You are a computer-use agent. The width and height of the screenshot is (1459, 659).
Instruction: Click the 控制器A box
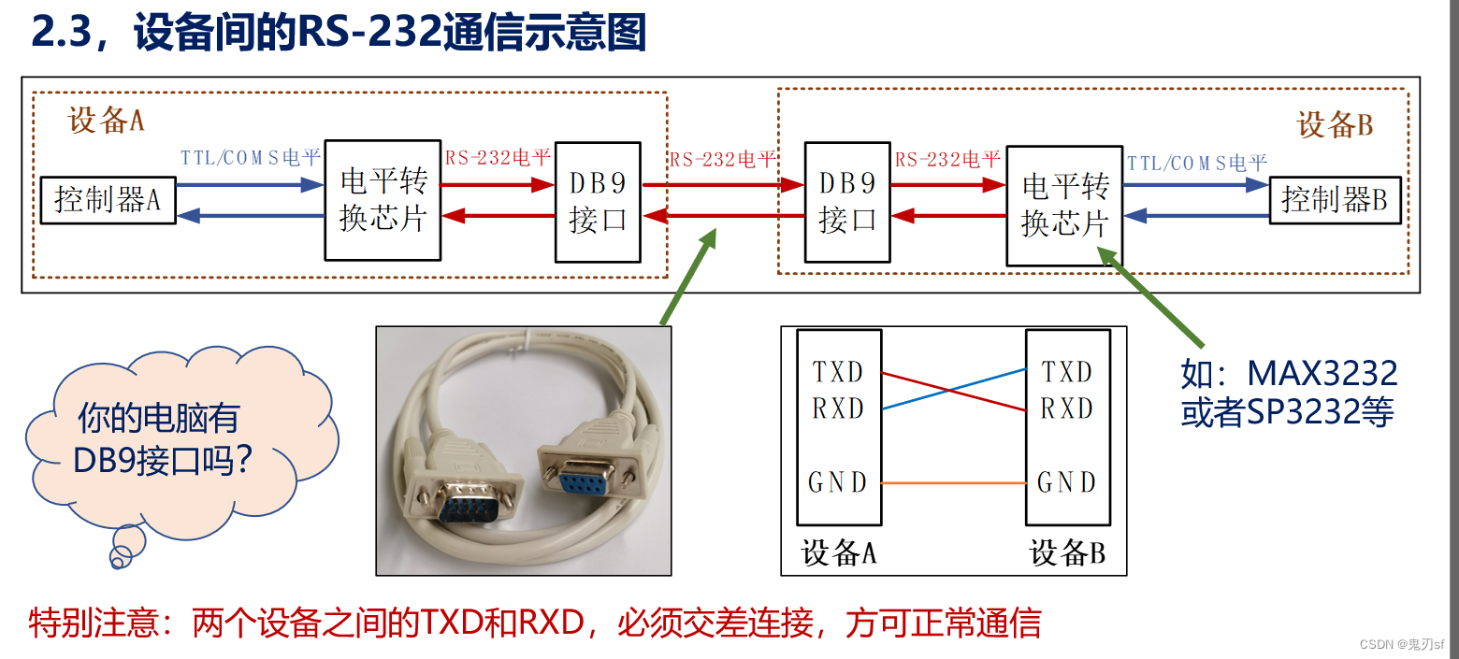108,200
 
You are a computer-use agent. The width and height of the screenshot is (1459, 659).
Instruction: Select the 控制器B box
1335,200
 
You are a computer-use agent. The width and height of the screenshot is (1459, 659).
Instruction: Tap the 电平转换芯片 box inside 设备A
383,200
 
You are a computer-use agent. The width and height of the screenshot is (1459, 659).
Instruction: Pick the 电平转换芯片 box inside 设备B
1064,206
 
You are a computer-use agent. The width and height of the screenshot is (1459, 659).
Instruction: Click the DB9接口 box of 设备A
598,202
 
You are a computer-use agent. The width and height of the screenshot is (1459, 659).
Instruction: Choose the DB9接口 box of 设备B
847,202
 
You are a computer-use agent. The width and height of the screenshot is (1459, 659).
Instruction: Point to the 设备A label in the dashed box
106,121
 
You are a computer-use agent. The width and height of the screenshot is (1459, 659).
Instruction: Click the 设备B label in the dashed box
1335,124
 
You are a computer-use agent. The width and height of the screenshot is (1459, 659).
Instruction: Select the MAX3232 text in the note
1322,374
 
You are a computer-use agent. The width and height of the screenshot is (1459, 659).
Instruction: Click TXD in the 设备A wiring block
838,372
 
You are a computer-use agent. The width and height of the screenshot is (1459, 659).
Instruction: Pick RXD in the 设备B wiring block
1067,408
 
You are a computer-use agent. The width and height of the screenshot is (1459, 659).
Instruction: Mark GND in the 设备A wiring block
838,482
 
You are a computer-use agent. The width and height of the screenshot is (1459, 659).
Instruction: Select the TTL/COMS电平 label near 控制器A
250,157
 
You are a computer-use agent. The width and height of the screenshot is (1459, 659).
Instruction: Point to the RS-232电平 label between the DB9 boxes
722,159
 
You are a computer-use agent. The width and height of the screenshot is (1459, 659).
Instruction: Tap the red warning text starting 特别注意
535,623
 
